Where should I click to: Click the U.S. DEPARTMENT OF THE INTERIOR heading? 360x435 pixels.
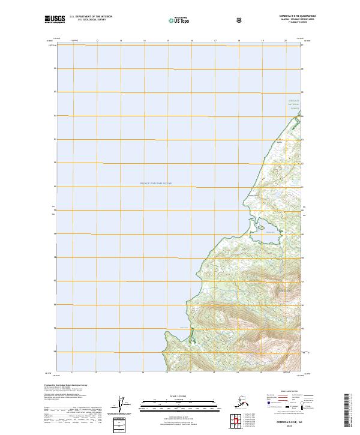tap(91, 17)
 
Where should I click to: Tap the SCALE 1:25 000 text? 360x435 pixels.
tap(179, 395)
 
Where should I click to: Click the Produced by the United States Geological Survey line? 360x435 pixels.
tap(66, 385)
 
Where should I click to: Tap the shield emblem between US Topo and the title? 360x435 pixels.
tap(239, 19)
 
